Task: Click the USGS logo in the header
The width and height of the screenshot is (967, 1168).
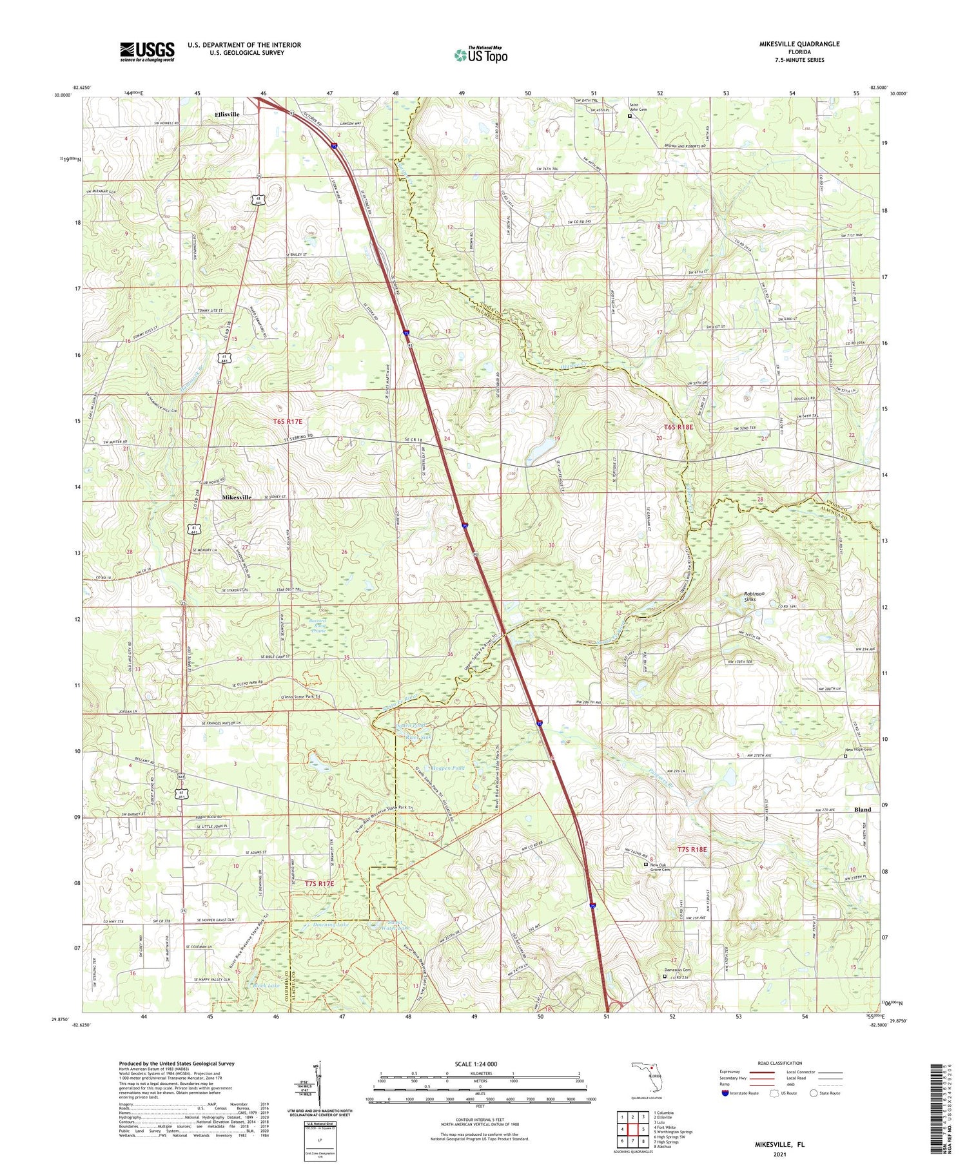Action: [147, 52]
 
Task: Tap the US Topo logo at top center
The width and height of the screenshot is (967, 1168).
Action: [480, 55]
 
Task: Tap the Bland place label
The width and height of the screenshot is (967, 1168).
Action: [862, 810]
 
